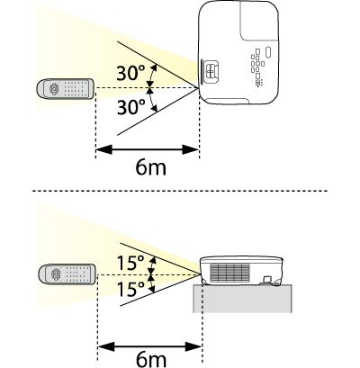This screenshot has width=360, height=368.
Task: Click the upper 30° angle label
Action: [x=130, y=73]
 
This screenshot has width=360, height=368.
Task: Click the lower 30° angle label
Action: [x=130, y=107]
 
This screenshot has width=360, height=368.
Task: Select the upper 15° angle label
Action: [x=130, y=263]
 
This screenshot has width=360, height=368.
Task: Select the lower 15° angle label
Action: [x=130, y=289]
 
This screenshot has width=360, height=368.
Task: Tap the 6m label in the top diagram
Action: [x=150, y=167]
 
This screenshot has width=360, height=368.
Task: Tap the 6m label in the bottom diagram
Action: [x=151, y=359]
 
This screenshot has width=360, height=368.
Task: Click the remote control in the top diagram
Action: [x=65, y=89]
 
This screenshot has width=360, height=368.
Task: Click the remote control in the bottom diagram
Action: [x=67, y=274]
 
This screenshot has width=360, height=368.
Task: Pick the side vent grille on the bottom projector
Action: [x=230, y=273]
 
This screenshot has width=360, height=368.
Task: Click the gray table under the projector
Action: [x=242, y=299]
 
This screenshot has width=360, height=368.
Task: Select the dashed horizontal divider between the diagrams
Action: [x=180, y=191]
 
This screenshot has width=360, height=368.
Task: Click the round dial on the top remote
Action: [x=54, y=89]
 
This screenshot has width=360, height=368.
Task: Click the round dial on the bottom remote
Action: [x=57, y=274]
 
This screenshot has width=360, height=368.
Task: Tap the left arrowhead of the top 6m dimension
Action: [x=103, y=149]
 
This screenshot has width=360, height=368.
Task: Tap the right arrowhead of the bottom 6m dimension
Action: [x=193, y=347]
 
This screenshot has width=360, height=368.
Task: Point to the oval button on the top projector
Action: [x=268, y=52]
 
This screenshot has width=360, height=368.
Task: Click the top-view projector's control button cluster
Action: [x=257, y=67]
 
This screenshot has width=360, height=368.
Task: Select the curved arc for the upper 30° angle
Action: [x=153, y=76]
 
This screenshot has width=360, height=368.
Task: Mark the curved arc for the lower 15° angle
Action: [x=152, y=284]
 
